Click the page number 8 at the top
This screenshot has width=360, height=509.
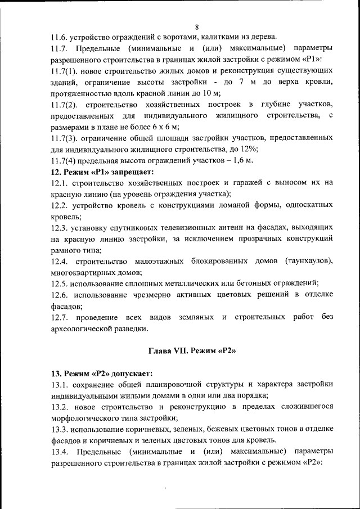(197, 27)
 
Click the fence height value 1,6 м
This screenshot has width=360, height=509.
(242, 160)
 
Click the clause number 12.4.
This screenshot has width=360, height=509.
(60, 261)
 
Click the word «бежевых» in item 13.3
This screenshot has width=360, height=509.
(228, 429)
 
